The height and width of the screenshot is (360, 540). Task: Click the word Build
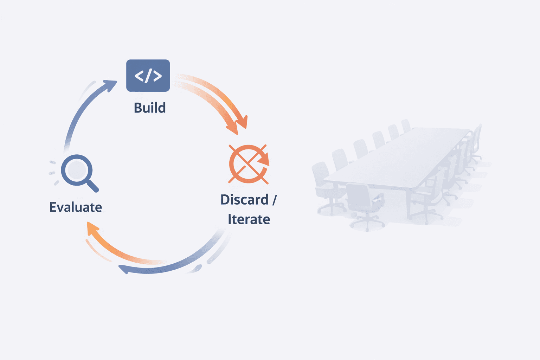[150, 108]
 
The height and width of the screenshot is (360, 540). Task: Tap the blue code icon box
[148, 76]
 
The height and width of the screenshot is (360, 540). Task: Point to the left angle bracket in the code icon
[139, 76]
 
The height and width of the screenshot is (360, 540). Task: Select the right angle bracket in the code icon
[157, 76]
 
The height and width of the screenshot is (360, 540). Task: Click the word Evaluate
[76, 207]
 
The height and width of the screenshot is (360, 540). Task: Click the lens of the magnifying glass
[77, 170]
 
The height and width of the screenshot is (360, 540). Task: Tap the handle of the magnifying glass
[92, 186]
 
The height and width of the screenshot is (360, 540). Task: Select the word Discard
[244, 200]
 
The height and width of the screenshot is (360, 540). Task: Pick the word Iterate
[249, 219]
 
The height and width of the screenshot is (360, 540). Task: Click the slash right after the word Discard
[274, 200]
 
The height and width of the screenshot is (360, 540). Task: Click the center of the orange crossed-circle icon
[248, 164]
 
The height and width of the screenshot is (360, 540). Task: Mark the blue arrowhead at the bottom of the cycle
[123, 269]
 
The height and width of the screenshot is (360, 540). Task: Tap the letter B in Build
[138, 108]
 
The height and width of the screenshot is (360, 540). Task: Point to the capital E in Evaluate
[53, 207]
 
